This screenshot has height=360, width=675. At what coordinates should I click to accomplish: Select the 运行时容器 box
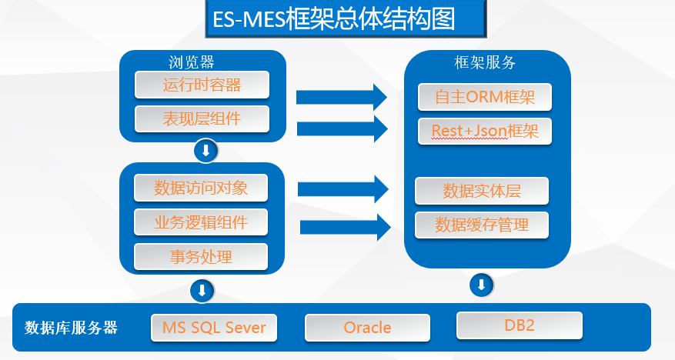pyautogui.click(x=202, y=85)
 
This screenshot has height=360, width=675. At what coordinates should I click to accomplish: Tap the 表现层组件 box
pyautogui.click(x=202, y=119)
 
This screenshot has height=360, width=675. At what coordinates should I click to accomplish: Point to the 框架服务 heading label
pyautogui.click(x=486, y=62)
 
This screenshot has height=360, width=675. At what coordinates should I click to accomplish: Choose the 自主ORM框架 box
pyautogui.click(x=485, y=97)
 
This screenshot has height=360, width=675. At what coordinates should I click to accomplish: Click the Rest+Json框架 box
pyautogui.click(x=485, y=131)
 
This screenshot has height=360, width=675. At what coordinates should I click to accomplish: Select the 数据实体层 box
pyautogui.click(x=482, y=191)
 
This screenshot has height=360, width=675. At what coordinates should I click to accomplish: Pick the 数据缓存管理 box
pyautogui.click(x=482, y=225)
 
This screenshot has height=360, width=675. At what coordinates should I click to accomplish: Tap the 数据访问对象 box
pyautogui.click(x=201, y=188)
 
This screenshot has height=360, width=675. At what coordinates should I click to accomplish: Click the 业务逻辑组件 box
pyautogui.click(x=201, y=222)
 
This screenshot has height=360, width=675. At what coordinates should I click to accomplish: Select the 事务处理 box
pyautogui.click(x=201, y=256)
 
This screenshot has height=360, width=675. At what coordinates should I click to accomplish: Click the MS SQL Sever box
pyautogui.click(x=214, y=328)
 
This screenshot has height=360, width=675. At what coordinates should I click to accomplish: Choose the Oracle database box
pyautogui.click(x=367, y=328)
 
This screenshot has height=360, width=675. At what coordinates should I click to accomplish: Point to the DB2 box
pyautogui.click(x=519, y=325)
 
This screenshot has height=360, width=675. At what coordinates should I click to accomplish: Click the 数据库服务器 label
pyautogui.click(x=71, y=328)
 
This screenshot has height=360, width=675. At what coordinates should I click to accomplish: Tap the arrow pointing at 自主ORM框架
pyautogui.click(x=342, y=97)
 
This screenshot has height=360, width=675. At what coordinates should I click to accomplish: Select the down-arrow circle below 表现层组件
pyautogui.click(x=206, y=151)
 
